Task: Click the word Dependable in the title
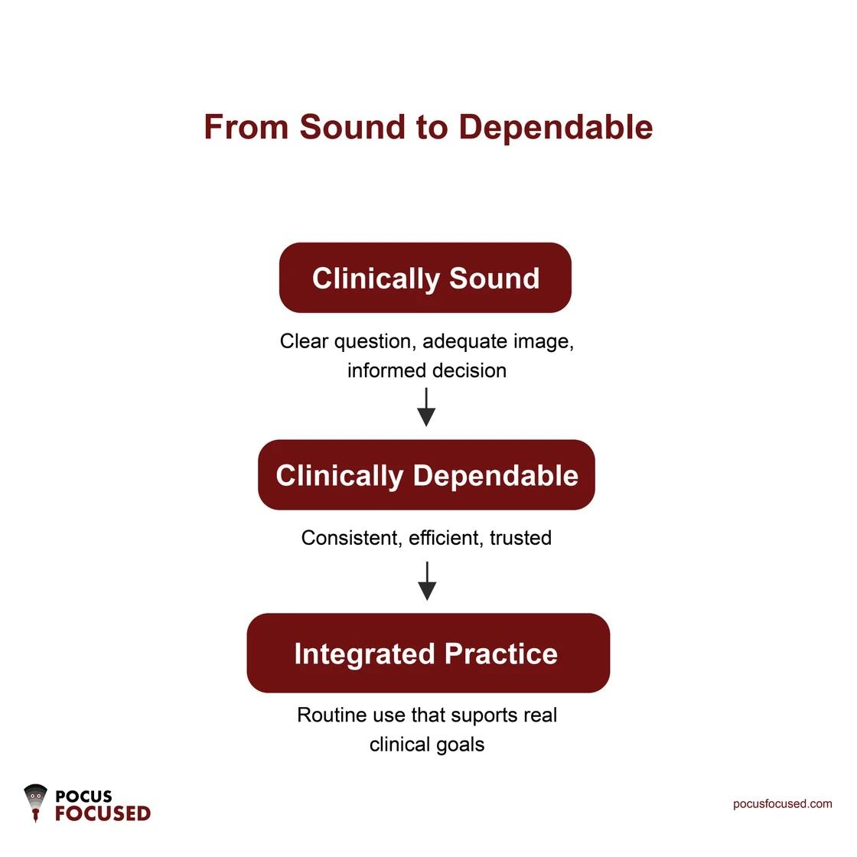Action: [556, 127]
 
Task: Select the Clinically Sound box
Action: [425, 278]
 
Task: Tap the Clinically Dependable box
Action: [426, 475]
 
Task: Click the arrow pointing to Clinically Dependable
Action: [426, 407]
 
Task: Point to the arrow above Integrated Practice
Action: [427, 582]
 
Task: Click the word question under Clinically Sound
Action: [375, 341]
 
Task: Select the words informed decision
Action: [427, 370]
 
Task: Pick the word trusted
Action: [521, 538]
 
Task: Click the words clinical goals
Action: [427, 745]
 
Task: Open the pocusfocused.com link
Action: [782, 803]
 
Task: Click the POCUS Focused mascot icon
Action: [35, 803]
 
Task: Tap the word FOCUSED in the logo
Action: [103, 813]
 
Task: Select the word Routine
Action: [332, 715]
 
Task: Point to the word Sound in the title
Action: [353, 127]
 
